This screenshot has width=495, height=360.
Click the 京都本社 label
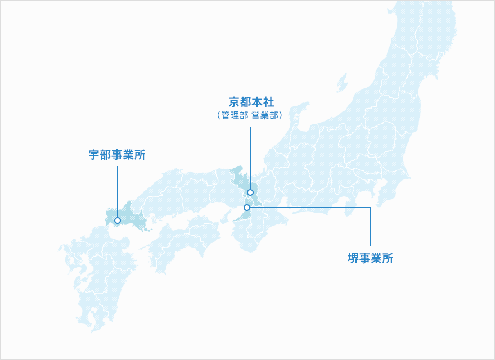click(x=251, y=102)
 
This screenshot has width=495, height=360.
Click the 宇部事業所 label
click(x=117, y=155)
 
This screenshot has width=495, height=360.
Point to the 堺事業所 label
click(x=370, y=259)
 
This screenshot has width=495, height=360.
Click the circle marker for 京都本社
click(x=250, y=192)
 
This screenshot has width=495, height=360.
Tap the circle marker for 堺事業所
click(x=247, y=208)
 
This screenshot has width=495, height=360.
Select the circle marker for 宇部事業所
click(x=117, y=220)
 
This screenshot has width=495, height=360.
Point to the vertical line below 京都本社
click(x=250, y=157)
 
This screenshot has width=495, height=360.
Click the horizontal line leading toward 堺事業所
click(x=309, y=208)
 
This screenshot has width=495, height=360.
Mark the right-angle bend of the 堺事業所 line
click(x=371, y=208)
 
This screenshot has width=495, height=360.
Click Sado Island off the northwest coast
click(x=341, y=83)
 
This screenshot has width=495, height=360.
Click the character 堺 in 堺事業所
click(x=353, y=259)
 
